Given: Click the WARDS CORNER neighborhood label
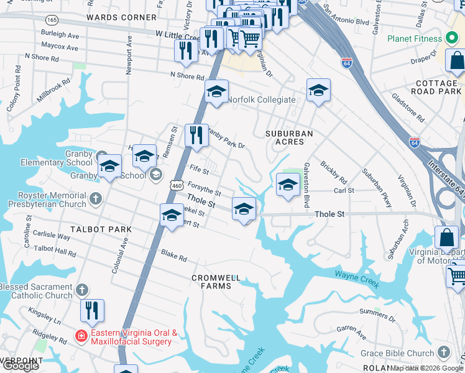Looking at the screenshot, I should (x=121, y=17).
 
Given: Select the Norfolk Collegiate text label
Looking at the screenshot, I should (x=261, y=99).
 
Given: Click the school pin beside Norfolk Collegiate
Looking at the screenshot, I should (x=217, y=91).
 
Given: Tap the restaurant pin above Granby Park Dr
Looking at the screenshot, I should (x=196, y=136).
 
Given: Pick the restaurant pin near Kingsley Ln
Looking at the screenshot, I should (x=92, y=311).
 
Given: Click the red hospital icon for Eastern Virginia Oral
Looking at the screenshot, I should (x=81, y=337).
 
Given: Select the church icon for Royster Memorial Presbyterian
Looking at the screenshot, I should (x=94, y=199).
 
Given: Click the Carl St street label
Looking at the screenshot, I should (x=344, y=190).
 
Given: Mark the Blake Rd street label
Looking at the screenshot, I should (x=173, y=256).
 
